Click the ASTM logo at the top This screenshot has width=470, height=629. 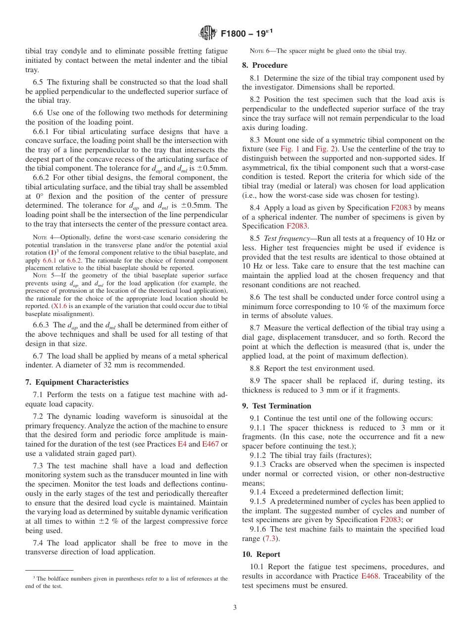point(207,33)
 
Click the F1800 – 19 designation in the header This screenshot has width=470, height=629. point(245,34)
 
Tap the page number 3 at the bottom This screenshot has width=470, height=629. point(235,608)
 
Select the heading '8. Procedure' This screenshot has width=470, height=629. point(265,65)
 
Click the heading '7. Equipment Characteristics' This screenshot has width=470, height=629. point(77,382)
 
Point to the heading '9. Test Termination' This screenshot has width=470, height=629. point(277,406)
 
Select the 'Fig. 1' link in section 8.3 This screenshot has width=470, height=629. point(289,149)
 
